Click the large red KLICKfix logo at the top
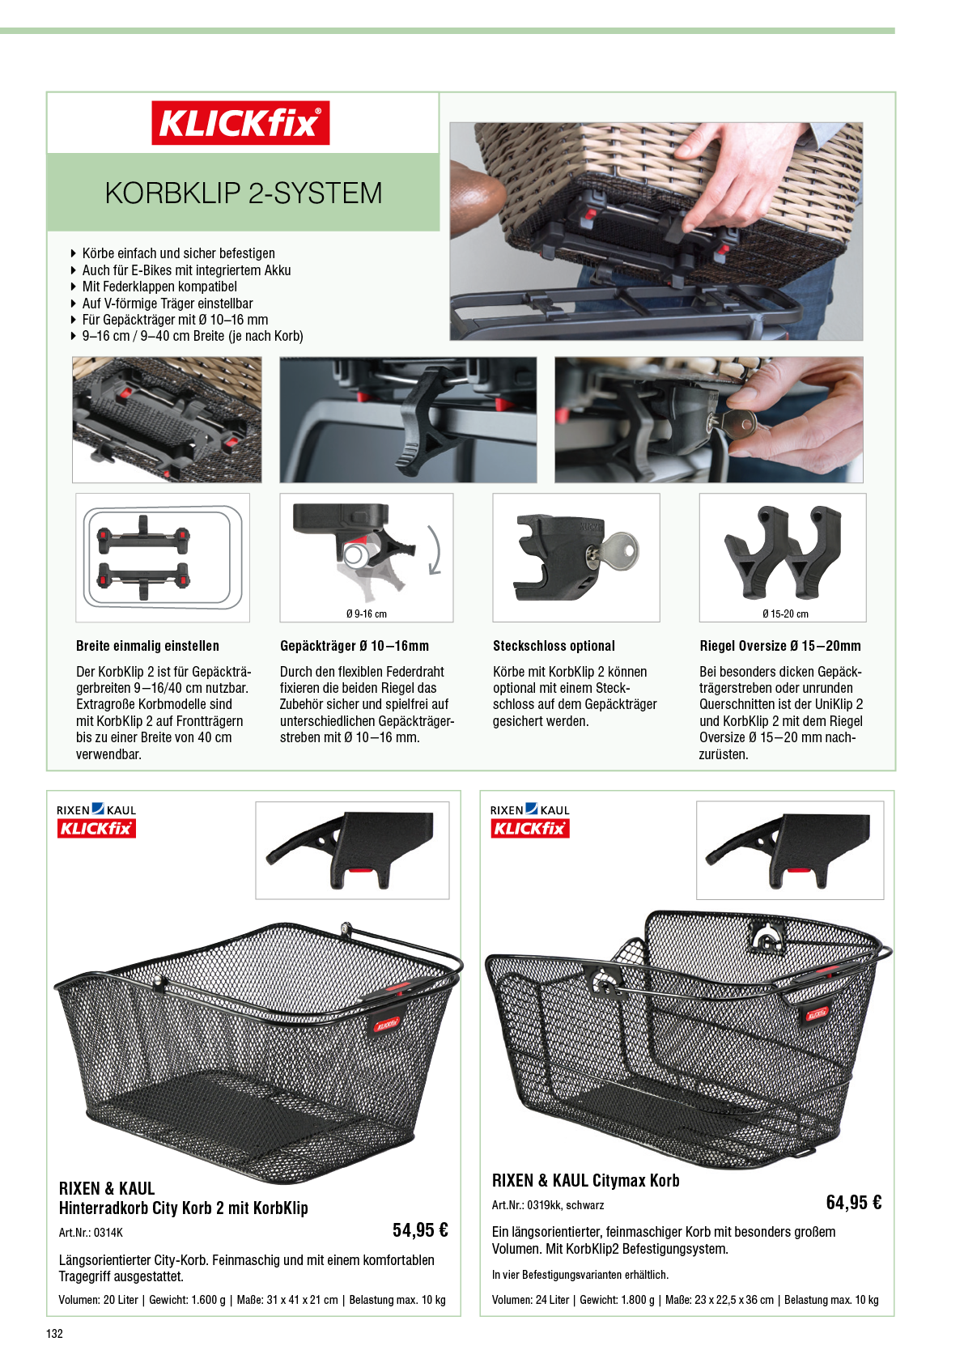click(x=240, y=123)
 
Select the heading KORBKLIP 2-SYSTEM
click(x=244, y=193)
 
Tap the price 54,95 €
click(x=420, y=1230)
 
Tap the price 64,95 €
click(x=854, y=1203)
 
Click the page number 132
click(x=55, y=1334)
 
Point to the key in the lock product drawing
click(x=614, y=551)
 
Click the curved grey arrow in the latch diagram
click(x=435, y=550)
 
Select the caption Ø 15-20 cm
click(x=785, y=614)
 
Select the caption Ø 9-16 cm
click(x=367, y=614)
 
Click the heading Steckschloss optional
click(x=554, y=646)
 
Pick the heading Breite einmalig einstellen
click(x=147, y=646)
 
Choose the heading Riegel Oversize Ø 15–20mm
click(x=780, y=646)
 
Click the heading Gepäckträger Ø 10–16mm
click(x=355, y=646)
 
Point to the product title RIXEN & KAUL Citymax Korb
click(x=585, y=1180)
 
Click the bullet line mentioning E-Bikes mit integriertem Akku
click(x=186, y=270)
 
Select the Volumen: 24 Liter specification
click(x=531, y=1301)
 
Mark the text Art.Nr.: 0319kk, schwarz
click(x=548, y=1205)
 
